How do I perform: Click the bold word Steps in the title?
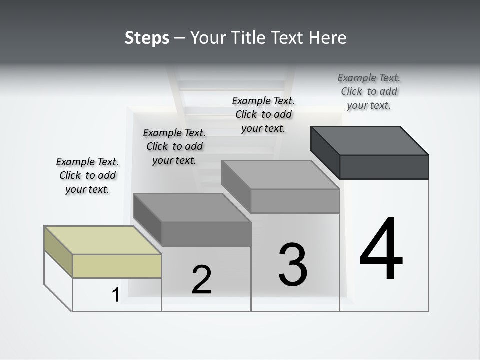click(x=147, y=38)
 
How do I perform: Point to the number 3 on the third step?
click(x=293, y=265)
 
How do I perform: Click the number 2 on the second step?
click(x=202, y=280)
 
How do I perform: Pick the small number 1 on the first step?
click(x=115, y=295)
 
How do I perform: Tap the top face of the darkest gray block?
click(x=370, y=140)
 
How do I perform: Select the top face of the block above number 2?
click(x=192, y=207)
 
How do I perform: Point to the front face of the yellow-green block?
click(x=117, y=266)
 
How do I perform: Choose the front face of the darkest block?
click(x=384, y=167)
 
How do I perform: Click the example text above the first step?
click(x=87, y=175)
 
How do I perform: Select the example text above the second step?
click(x=174, y=146)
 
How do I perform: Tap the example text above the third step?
click(x=263, y=114)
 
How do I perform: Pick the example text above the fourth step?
click(x=369, y=91)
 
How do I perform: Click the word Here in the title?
click(x=328, y=38)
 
